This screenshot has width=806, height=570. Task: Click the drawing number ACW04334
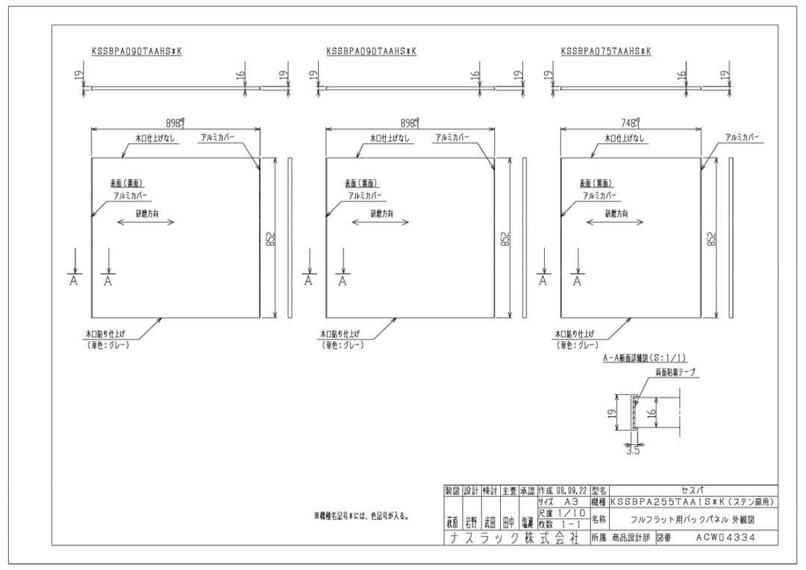[x=725, y=536]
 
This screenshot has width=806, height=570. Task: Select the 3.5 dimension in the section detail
[x=634, y=451]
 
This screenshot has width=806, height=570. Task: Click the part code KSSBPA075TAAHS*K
[x=606, y=51]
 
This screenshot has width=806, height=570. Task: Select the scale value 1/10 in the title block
[x=570, y=513]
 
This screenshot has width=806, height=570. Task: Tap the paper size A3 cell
[x=571, y=502]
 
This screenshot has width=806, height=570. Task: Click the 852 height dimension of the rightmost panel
[x=713, y=239]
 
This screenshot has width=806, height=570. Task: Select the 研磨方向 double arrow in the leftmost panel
[x=146, y=222]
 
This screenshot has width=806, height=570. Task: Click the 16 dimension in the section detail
[x=652, y=412]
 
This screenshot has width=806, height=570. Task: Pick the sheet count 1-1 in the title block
[x=570, y=524]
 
